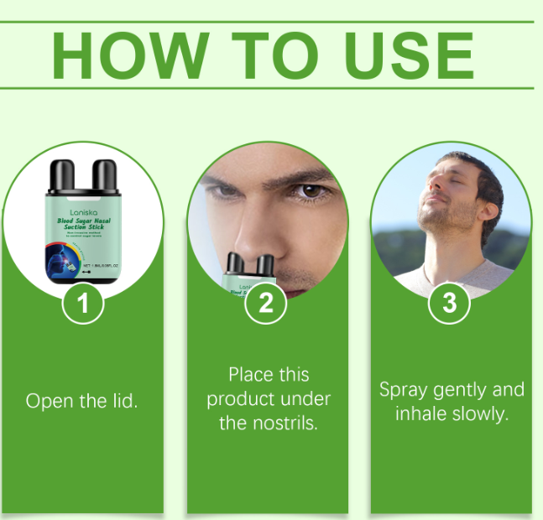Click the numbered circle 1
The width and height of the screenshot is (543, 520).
(82, 304)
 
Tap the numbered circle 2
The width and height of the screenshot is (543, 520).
(266, 304)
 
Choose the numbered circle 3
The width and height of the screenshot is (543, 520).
(449, 304)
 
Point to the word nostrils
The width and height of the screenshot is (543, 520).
(289, 423)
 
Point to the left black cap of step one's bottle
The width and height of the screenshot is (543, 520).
(60, 175)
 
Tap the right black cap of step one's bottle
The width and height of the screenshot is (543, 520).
(103, 175)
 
